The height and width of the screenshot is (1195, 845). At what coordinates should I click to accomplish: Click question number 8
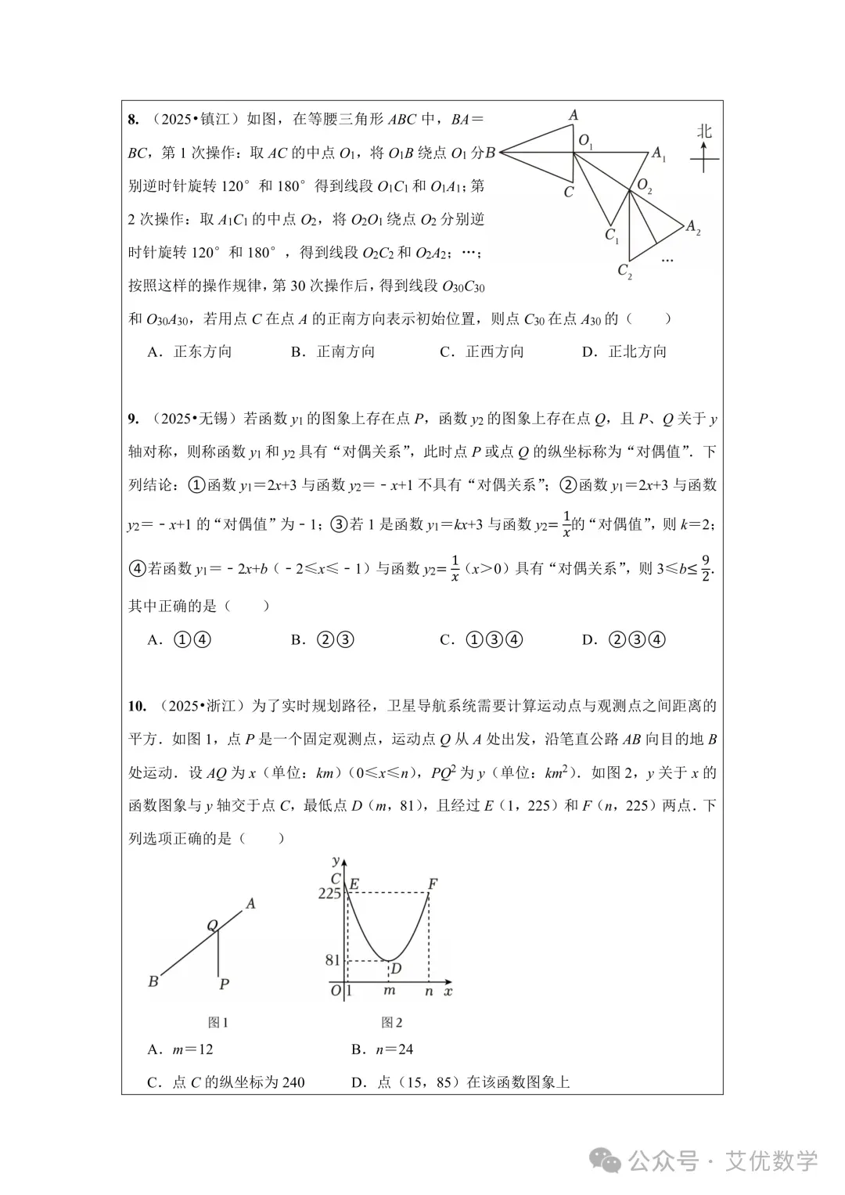133,119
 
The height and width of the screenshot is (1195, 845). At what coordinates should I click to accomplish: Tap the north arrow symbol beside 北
705,160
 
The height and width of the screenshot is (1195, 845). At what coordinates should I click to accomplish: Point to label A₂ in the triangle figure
693,228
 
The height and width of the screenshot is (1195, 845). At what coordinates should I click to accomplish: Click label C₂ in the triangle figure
625,272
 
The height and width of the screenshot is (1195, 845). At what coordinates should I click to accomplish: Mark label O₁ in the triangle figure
585,142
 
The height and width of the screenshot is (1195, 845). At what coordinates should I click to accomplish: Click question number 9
133,419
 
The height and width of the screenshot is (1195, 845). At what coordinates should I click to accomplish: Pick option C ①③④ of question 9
481,640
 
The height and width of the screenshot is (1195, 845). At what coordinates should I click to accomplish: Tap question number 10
136,707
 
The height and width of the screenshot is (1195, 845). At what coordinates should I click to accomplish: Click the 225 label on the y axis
329,893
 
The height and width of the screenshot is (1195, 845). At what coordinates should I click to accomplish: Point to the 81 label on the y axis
333,960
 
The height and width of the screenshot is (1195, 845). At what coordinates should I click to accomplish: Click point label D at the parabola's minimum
396,969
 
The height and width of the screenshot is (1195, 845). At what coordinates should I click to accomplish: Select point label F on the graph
433,884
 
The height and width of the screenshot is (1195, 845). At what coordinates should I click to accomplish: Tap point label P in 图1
224,984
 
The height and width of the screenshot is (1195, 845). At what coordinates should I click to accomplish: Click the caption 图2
392,1023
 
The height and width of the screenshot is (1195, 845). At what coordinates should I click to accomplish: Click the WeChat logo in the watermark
606,1160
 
